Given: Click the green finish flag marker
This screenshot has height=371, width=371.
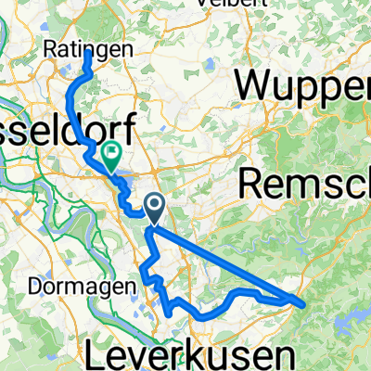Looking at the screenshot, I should click(110, 159).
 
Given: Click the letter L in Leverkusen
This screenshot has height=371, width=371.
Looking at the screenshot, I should click(97, 352).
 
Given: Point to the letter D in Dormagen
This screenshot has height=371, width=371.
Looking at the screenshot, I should click(22, 287).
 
